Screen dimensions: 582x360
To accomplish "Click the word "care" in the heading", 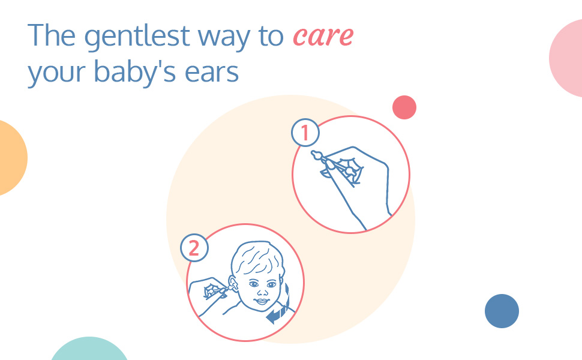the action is click(323, 37).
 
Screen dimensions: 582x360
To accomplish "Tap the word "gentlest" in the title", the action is click(137, 37).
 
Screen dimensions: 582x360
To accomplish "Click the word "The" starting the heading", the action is click(52, 35).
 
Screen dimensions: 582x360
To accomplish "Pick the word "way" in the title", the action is click(224, 38).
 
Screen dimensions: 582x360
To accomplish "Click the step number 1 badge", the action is click(305, 133).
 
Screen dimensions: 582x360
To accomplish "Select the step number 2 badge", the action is click(194, 248).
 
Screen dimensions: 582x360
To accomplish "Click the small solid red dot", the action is click(404, 107).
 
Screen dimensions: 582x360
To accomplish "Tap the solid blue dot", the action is click(502, 311).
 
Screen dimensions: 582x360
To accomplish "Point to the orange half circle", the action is click(11, 158).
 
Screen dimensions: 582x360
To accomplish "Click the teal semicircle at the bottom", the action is click(89, 350).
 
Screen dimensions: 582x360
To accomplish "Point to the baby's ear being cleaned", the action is click(232, 284).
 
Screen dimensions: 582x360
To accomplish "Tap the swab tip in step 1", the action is click(316, 155).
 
